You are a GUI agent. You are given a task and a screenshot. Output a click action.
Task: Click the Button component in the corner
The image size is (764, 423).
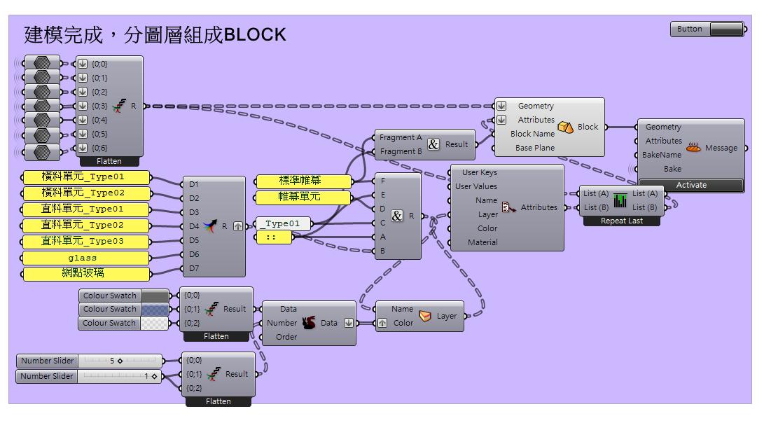pos(707,29)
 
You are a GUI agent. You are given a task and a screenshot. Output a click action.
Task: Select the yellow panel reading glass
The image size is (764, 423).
pos(85,258)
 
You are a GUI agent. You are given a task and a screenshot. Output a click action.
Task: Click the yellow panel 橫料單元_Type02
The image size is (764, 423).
pos(85,193)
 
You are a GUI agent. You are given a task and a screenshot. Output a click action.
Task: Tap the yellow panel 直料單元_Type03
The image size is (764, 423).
pos(85,241)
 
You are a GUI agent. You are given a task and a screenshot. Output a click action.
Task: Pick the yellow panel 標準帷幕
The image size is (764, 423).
pos(303,181)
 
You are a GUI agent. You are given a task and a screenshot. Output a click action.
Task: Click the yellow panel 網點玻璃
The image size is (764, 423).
pos(85,273)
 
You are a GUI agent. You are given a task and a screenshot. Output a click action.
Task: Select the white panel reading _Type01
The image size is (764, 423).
pos(283,223)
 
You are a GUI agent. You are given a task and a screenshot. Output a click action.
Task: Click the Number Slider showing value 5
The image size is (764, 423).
pos(89,361)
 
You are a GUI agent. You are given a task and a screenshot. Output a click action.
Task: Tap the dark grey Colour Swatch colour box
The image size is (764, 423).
pos(155,296)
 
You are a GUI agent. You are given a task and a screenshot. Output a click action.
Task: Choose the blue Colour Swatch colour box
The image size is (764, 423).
pos(155,309)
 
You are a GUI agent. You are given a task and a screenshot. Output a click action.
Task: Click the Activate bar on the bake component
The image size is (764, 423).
pos(691,185)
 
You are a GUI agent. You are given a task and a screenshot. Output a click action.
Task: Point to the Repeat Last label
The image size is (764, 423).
pos(621,221)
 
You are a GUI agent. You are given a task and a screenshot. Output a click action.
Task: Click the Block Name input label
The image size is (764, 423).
pos(532,134)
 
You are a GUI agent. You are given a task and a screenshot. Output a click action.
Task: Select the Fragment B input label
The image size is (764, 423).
pos(401,151)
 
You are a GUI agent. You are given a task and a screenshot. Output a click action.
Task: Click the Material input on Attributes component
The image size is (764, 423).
pos(482,242)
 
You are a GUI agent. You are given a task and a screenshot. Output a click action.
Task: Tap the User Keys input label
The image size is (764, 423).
pos(480,172)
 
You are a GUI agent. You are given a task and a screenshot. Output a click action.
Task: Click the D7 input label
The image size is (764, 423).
pos(194,268)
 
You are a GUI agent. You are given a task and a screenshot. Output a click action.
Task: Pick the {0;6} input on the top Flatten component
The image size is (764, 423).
pos(99,148)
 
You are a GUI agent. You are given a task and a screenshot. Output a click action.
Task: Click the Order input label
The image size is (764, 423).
pos(286,337)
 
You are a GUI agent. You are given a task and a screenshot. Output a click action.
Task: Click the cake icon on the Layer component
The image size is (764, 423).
pos(425,317)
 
